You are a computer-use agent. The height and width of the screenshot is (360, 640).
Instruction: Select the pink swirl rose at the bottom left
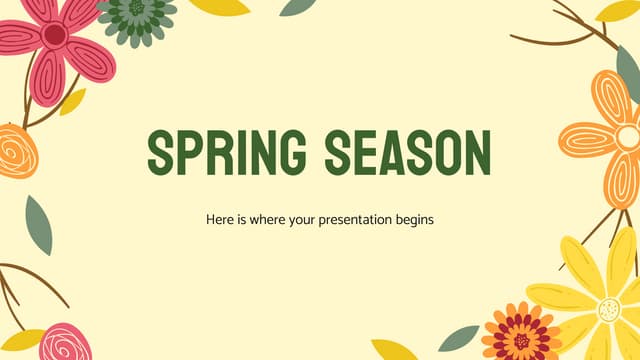68,342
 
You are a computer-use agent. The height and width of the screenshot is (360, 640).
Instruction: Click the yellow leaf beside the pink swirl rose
22,339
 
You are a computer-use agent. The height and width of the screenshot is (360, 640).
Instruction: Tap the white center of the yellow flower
610,310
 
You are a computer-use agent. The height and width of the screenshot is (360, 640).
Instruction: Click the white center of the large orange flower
628,137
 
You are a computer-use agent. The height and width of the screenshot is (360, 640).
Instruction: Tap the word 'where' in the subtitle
263,218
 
